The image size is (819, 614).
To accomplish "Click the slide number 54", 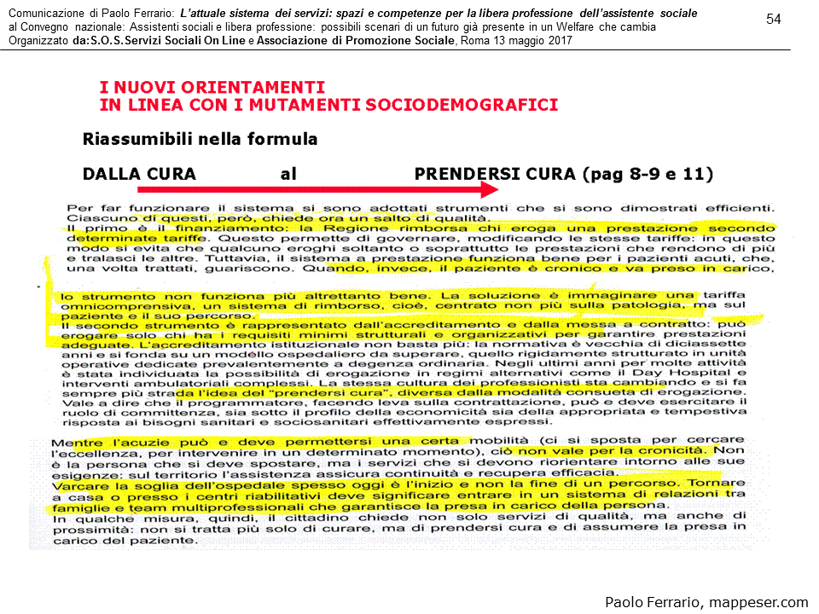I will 774,20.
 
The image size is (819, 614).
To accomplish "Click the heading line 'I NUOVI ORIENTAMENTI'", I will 212,88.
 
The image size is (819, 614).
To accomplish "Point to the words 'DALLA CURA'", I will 139,174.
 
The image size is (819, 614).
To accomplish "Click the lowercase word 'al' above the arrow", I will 288,174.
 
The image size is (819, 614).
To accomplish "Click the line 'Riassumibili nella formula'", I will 200,138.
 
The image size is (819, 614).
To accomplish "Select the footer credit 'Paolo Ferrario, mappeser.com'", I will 706,602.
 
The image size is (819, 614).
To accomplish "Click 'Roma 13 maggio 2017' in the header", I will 516,40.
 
